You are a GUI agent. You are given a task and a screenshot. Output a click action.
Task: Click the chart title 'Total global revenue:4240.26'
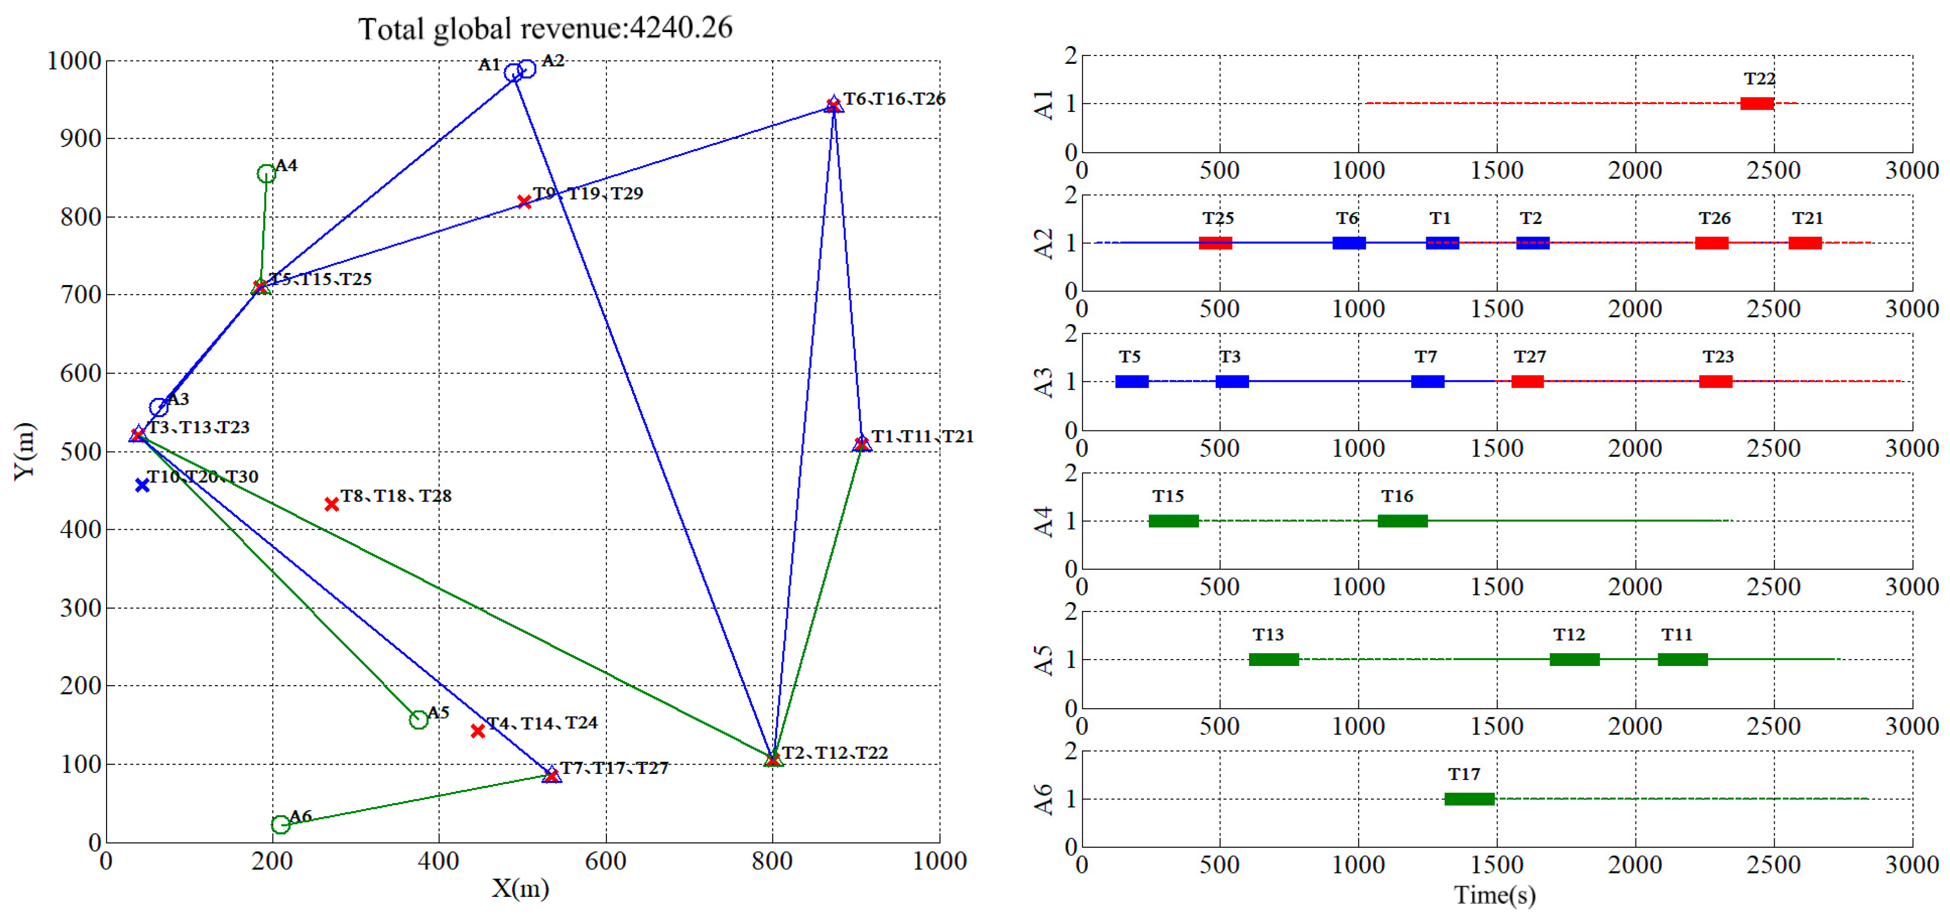click(545, 29)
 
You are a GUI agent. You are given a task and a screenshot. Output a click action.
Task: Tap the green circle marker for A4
click(266, 174)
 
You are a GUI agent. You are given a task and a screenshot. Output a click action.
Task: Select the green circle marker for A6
click(280, 824)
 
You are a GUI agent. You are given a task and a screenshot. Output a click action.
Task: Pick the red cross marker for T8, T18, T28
click(331, 504)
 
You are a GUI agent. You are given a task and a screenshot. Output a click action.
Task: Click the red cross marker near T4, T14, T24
click(478, 731)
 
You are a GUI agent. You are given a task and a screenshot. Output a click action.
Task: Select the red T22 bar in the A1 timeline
click(1756, 104)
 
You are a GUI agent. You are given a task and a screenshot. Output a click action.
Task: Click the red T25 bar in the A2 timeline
click(1215, 243)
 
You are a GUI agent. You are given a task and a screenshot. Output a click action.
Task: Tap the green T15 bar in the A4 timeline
click(1173, 521)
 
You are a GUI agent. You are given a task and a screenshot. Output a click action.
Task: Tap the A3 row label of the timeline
click(1043, 382)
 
